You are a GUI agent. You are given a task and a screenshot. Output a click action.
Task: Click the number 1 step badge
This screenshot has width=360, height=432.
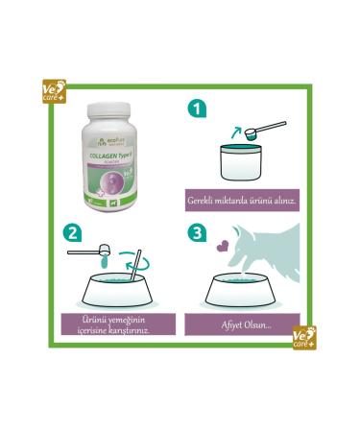pos(197,108)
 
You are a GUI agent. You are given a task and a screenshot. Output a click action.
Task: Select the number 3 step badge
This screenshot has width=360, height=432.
pos(196,233)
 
